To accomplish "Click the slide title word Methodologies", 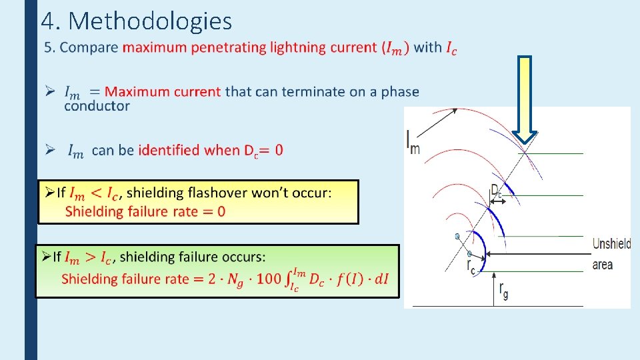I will coord(150,21).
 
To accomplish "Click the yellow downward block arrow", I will coord(525,99).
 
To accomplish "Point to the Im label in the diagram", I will coord(413,141).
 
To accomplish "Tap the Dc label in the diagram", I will coord(496,190).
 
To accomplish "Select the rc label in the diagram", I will coord(471,267).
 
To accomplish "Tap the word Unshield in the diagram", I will coord(611,244).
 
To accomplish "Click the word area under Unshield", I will coord(602,265).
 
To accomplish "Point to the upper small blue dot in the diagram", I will coord(457,237).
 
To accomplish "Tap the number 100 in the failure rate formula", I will coord(268,279).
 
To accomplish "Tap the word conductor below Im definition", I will coord(97,105).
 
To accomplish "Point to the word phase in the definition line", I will coord(400,91).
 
